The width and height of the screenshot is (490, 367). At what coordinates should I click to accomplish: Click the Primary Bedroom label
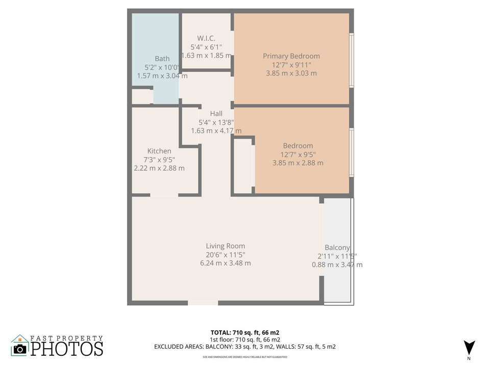(x=291, y=56)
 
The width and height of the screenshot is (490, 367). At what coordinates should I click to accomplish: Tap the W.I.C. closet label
(x=206, y=38)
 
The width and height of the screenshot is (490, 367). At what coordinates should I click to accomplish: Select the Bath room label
(x=162, y=59)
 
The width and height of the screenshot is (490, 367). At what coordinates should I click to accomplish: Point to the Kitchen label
(x=159, y=151)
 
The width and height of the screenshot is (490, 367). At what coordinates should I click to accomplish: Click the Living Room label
(x=226, y=246)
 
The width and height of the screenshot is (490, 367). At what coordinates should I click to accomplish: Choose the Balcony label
(x=337, y=248)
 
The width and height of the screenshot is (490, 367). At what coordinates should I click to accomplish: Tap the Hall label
(x=216, y=114)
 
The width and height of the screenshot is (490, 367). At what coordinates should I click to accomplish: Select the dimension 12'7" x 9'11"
(x=291, y=65)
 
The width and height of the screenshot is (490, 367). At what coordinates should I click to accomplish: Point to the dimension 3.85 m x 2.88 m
(x=298, y=163)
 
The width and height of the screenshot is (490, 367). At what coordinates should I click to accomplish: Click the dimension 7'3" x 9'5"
(x=159, y=160)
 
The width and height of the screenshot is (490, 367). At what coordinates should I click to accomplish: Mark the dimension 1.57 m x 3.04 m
(x=162, y=76)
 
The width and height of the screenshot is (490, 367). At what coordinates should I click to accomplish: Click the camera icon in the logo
(x=20, y=348)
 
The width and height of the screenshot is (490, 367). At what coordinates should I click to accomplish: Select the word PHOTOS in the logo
(x=67, y=349)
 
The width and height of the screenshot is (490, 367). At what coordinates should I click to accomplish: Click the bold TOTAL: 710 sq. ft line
(x=245, y=332)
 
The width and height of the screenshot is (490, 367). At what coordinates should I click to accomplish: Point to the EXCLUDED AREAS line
(x=245, y=347)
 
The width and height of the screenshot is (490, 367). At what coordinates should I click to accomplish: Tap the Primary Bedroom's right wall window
(x=351, y=60)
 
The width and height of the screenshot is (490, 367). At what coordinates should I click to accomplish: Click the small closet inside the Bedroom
(x=243, y=166)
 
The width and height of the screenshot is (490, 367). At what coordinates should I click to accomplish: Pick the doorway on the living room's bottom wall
(x=203, y=303)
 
